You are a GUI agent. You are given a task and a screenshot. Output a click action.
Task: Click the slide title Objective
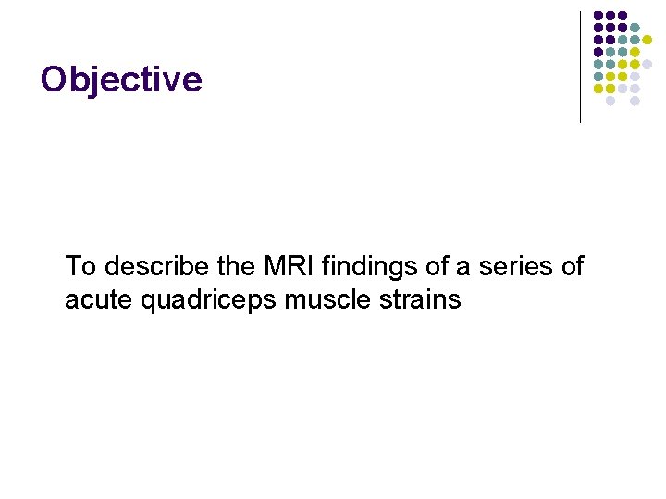point(121,80)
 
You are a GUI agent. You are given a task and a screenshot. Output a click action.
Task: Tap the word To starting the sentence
point(80,267)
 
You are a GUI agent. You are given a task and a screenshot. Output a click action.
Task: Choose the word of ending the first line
point(571,267)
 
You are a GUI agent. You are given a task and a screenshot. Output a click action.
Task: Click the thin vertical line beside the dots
point(580,67)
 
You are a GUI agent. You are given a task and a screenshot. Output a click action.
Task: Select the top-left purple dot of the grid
point(598,16)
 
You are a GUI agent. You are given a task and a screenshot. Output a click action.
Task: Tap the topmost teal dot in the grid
point(635,28)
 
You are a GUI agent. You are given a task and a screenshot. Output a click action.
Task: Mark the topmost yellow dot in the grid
point(647,40)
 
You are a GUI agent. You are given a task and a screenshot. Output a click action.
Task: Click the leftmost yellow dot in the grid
point(598,89)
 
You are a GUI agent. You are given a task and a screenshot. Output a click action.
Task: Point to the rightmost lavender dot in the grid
point(647,64)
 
